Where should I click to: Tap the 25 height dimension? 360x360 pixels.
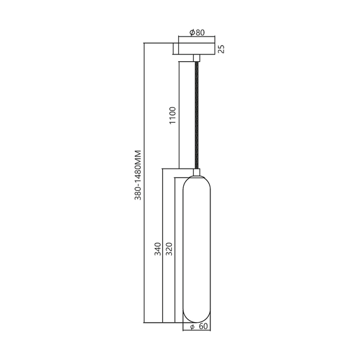222,49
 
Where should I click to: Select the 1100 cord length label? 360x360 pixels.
172,116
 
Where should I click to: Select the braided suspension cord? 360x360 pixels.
196,114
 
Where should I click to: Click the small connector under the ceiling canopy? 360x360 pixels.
196,59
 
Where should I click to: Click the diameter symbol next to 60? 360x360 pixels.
191,327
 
